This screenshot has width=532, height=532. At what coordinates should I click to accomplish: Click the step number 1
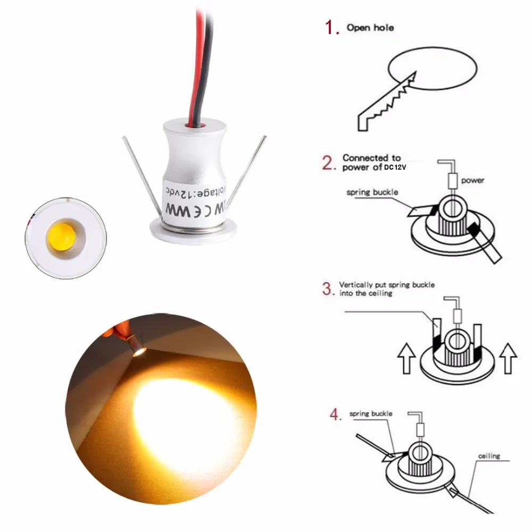(332, 28)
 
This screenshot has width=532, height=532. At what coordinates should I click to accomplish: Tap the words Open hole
(370, 27)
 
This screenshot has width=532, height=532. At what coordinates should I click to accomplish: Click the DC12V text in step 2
(395, 167)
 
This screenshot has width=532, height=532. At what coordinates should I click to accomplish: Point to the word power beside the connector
(472, 180)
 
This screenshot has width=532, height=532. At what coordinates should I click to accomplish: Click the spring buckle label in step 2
(372, 192)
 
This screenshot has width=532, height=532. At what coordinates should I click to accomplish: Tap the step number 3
(327, 289)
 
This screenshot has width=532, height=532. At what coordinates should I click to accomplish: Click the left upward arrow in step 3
(406, 358)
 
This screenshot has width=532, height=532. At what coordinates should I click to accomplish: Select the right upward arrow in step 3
(509, 358)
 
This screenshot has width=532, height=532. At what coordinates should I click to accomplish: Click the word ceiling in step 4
(489, 456)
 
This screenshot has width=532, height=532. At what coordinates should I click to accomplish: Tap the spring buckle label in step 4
(371, 413)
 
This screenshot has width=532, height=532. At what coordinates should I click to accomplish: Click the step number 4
(335, 414)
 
